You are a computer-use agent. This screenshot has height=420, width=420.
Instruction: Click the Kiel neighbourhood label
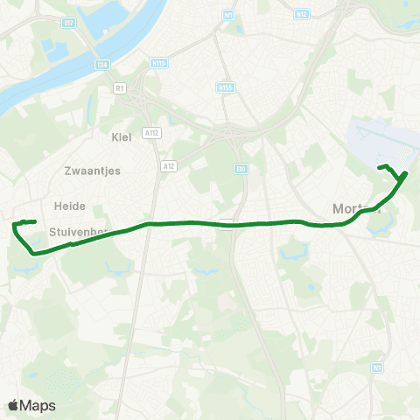[x=121, y=136]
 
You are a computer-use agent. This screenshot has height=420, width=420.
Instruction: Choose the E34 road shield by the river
[x=102, y=65]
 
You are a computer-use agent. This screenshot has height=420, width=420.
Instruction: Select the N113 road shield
[x=159, y=63]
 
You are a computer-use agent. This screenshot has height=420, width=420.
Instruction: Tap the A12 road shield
[x=168, y=164]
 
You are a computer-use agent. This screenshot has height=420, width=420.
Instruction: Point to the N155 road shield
[x=225, y=87]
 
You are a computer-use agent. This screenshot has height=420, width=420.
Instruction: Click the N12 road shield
[x=304, y=14]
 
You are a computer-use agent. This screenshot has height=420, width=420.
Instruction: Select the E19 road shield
[x=241, y=169]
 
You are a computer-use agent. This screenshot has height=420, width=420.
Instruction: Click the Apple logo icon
[x=13, y=405]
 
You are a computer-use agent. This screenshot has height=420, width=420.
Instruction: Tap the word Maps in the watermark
[x=38, y=406]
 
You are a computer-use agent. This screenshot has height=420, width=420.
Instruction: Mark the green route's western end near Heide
[x=34, y=221]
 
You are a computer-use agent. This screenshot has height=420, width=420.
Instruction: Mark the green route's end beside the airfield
[x=379, y=167]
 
